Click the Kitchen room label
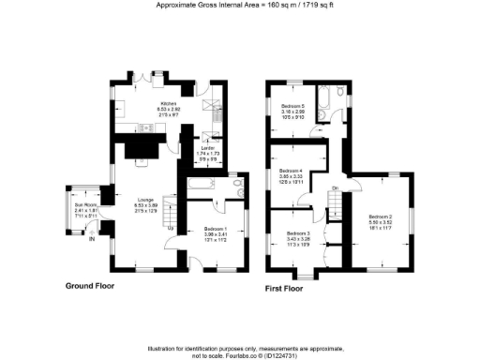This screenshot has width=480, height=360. coord(169,104)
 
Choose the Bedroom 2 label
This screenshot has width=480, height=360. coord(378,217)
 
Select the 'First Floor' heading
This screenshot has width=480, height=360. coord(287,288)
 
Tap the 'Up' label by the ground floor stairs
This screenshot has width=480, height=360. coord(169,228)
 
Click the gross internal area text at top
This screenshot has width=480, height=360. coord(239,5)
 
